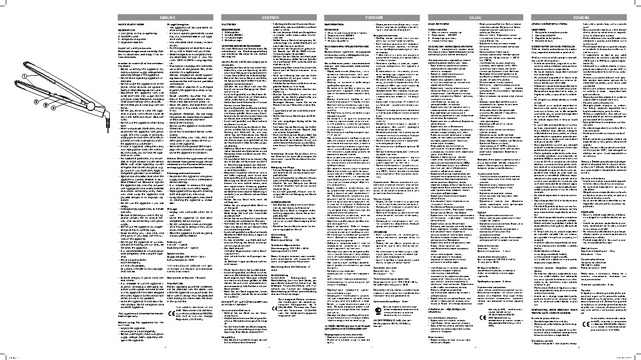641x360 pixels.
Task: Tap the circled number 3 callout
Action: [x=46, y=106]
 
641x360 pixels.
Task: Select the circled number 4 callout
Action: [x=54, y=107]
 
